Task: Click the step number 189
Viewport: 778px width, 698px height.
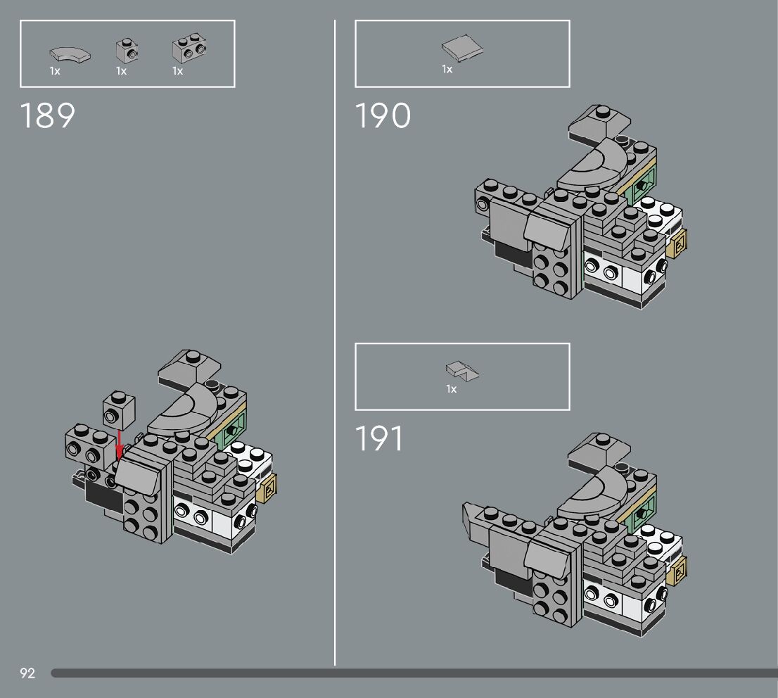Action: [48, 115]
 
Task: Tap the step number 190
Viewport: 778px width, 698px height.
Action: [383, 115]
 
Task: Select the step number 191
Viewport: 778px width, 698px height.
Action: [380, 438]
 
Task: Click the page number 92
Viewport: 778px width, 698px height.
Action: [27, 673]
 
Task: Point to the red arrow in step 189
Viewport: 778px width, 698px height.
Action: [120, 444]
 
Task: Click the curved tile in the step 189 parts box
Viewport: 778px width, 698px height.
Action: [70, 53]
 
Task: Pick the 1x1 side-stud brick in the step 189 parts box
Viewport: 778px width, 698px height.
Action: [126, 51]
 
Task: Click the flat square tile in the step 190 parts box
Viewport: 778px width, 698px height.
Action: [463, 49]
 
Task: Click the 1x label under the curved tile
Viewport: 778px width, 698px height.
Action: [55, 71]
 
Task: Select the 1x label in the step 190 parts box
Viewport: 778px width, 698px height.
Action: [447, 69]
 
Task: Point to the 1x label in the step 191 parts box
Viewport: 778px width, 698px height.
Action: [452, 389]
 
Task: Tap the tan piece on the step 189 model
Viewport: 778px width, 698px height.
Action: [268, 487]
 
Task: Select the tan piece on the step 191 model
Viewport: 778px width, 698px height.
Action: [678, 569]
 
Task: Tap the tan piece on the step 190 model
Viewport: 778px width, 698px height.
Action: [677, 242]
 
